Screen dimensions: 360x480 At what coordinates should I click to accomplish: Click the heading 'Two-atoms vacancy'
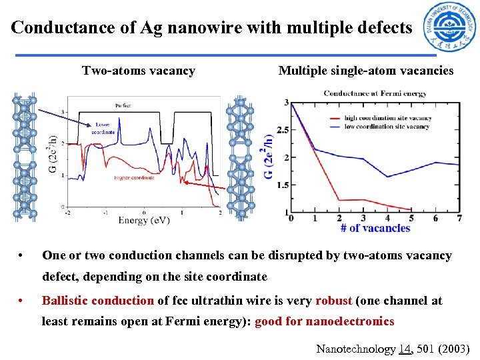coord(139,71)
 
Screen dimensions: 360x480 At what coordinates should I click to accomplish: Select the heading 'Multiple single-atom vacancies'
coord(365,71)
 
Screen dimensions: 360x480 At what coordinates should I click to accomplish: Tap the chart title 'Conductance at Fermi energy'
coord(375,93)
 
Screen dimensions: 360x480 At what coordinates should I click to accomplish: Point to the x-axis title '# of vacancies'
coord(375,228)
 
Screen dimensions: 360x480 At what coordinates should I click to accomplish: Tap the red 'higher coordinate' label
coord(134,177)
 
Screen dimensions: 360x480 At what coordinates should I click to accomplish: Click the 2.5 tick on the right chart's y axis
coord(282,130)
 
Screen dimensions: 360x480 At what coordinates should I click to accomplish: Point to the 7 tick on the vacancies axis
coord(460,218)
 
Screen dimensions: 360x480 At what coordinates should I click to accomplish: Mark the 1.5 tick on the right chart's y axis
coord(282,185)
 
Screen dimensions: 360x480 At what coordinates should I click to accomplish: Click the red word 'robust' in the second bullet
coord(335,301)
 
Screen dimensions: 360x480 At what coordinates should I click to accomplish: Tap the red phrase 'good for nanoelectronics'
coord(324,321)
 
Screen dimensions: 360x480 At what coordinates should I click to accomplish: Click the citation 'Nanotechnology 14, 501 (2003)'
coord(393,349)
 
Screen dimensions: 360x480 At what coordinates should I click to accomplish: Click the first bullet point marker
coord(22,256)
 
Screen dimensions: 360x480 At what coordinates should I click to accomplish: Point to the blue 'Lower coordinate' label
coord(104,129)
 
